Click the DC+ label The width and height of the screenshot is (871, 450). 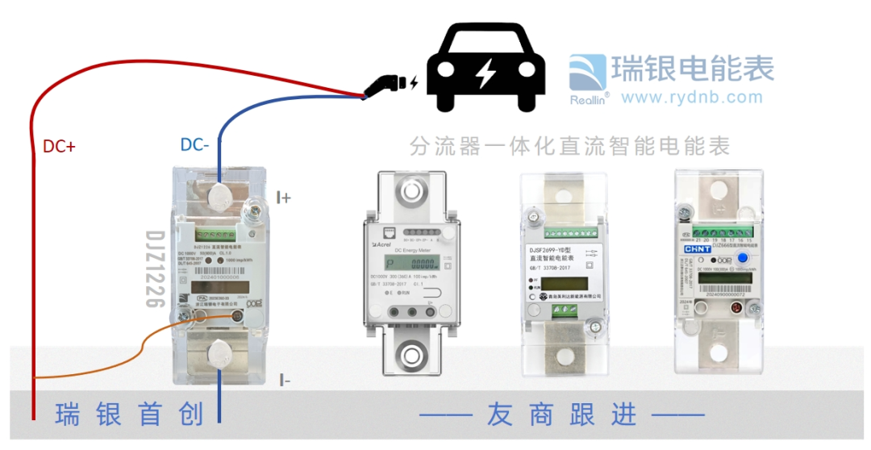click(59, 147)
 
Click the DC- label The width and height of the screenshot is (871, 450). click(194, 145)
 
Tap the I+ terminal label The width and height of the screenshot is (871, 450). click(283, 198)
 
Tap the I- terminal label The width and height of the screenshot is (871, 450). click(284, 380)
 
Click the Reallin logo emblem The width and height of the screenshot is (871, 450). click(589, 73)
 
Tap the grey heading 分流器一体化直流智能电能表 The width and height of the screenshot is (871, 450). click(569, 146)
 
